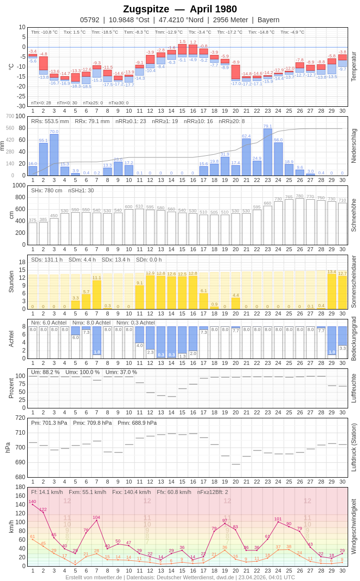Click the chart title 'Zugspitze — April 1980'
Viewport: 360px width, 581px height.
tap(180, 9)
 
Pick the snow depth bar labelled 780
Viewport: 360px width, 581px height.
tap(300, 222)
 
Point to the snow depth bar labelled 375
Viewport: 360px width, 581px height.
tap(33, 233)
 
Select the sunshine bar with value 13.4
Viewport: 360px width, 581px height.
tap(332, 292)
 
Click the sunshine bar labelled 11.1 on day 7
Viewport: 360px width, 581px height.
tap(97, 295)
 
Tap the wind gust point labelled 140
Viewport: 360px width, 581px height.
tap(33, 504)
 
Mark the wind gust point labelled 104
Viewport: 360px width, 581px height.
tap(96, 520)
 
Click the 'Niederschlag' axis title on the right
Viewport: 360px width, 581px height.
tap(354, 146)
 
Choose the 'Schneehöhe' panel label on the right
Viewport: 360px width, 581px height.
tap(354, 215)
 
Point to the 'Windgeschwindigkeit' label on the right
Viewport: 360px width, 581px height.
tap(354, 526)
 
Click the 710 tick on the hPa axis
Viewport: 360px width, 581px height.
tap(20, 433)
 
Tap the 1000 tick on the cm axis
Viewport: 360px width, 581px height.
tap(19, 185)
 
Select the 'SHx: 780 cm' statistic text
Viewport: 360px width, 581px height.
tap(46, 190)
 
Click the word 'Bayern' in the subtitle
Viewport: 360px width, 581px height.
tap(269, 20)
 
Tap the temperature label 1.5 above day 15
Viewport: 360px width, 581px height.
tap(182, 42)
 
